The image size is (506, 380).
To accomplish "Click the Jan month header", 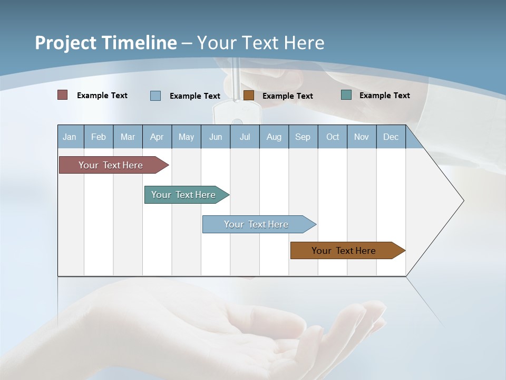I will [70, 137].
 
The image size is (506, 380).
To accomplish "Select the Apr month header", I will [157, 137].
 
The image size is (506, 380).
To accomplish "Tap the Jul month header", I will [245, 137].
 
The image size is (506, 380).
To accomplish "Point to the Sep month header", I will [303, 137].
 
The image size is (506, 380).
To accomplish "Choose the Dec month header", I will [391, 137].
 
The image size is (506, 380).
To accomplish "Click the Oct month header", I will [332, 137].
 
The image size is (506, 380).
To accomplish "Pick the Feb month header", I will [99, 137].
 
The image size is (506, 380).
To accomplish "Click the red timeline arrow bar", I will [111, 165].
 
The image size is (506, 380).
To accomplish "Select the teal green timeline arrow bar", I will [184, 195].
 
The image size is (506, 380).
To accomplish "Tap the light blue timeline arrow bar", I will [257, 224].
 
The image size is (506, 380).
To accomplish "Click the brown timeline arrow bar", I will [344, 251].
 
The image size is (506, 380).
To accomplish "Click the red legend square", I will [62, 95].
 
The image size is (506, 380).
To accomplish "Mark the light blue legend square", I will [155, 96].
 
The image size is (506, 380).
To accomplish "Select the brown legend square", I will [249, 96].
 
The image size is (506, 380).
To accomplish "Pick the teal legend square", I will [346, 95].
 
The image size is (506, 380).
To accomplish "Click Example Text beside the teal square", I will [384, 96].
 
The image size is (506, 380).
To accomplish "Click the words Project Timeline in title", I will [105, 43].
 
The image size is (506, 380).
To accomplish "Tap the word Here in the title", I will [304, 43].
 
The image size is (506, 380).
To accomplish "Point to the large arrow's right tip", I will [462, 201].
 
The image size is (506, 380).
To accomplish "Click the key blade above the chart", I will [236, 79].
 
